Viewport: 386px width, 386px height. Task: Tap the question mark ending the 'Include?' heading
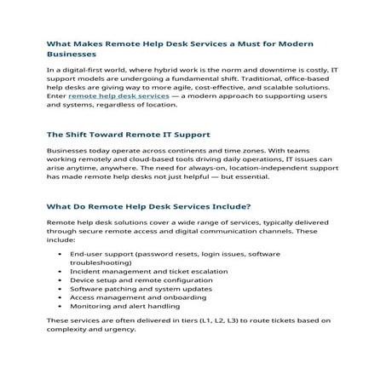coord(248,206)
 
